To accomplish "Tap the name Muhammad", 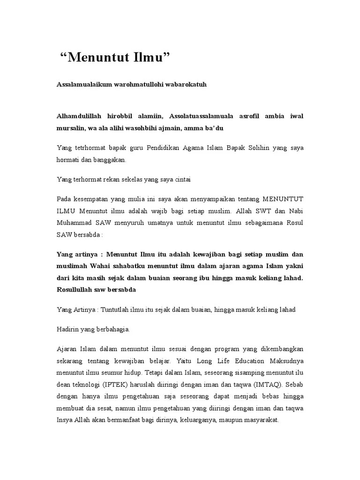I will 78,223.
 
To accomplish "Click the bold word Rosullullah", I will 79,290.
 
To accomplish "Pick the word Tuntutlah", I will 117,309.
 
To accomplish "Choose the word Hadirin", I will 68,329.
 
